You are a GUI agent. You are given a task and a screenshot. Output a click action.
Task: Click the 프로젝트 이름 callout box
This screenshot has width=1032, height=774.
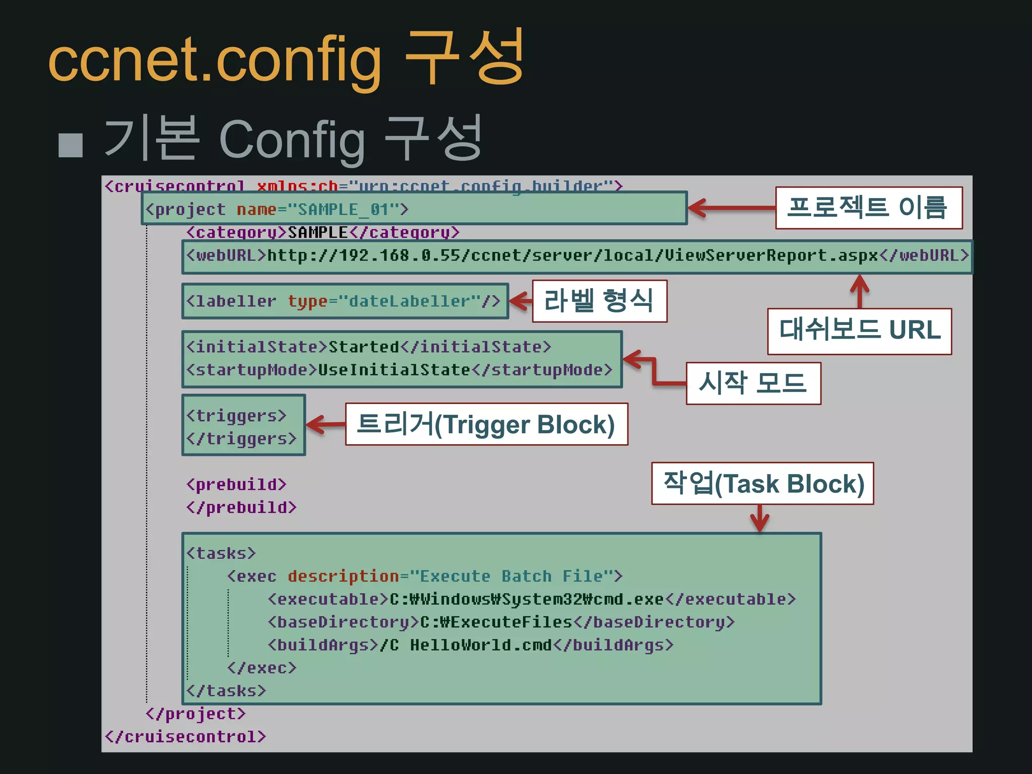868,208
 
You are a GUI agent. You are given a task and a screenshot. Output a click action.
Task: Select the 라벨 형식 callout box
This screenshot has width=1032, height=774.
599,301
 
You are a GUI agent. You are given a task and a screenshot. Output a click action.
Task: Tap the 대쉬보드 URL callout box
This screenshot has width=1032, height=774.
859,331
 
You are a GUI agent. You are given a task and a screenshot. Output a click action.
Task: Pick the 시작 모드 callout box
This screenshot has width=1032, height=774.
753,383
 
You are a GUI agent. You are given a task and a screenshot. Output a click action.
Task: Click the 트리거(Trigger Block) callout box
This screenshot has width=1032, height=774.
486,424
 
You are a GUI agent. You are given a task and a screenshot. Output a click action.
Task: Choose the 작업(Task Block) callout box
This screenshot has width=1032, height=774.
762,484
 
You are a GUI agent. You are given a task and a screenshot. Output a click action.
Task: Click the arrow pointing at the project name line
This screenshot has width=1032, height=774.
731,208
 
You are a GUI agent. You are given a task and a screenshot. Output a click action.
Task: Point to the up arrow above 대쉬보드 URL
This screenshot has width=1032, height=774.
860,291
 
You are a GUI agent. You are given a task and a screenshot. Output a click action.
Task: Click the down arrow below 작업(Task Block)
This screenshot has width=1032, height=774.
759,518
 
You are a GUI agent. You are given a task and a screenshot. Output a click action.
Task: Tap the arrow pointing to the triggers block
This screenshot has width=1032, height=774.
325,424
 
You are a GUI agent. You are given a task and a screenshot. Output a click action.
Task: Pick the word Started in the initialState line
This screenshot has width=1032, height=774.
364,347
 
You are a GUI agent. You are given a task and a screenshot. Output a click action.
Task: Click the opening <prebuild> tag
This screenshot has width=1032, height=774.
236,485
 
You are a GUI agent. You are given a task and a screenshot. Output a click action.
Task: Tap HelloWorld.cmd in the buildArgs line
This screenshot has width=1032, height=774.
481,645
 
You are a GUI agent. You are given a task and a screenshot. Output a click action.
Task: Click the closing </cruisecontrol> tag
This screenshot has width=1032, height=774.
185,737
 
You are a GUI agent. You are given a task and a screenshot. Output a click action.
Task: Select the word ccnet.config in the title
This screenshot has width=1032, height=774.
215,60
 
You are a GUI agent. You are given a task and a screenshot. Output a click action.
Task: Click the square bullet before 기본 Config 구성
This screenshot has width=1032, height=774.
71,145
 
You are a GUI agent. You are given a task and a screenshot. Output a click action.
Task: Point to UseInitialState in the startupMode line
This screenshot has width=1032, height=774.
394,370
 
